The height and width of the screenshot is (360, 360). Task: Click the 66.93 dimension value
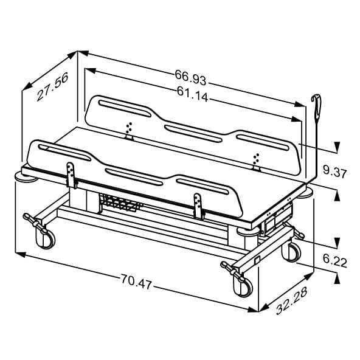tap(190, 77)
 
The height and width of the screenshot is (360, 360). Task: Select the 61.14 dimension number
tap(192, 94)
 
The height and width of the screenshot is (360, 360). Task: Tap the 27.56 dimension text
tap(52, 86)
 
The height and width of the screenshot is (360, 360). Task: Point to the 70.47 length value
tap(136, 282)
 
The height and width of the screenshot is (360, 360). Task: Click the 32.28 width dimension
tap(291, 300)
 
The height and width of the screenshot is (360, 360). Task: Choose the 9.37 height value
tap(334, 171)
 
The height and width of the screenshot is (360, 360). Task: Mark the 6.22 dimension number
tap(334, 261)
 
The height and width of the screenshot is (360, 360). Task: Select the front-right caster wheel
tap(243, 285)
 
